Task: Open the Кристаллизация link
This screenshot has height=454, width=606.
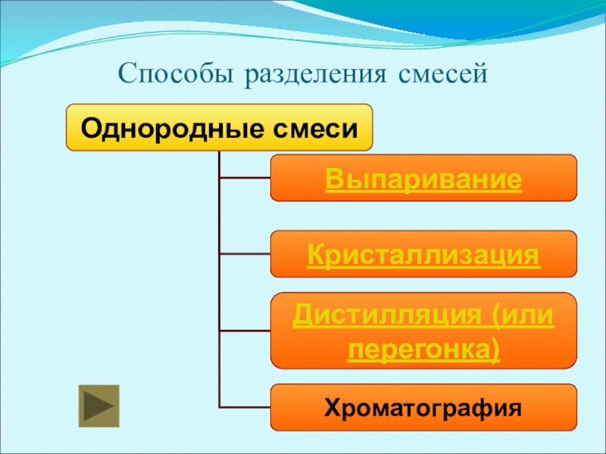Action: (x=423, y=255)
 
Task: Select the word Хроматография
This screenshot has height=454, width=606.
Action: (x=423, y=409)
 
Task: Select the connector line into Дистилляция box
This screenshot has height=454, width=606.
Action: (x=244, y=331)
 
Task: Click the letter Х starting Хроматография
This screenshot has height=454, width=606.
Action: (x=332, y=409)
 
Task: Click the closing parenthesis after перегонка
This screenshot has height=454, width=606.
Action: (x=495, y=350)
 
